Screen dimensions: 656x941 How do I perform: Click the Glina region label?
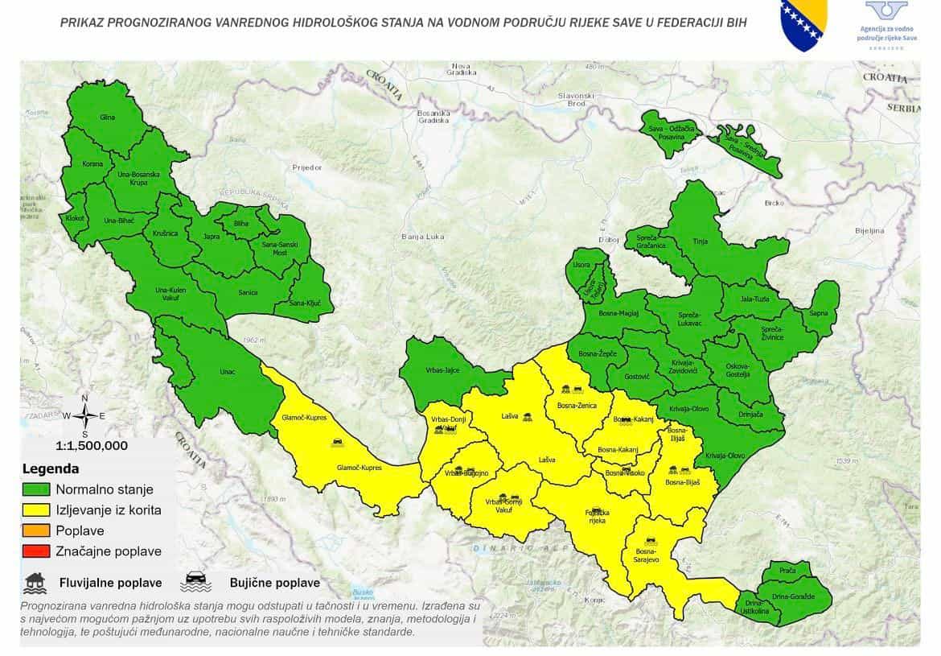107,118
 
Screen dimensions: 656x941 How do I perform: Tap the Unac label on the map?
228,372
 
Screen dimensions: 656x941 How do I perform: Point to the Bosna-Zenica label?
577,405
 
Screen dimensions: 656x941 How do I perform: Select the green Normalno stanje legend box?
36,489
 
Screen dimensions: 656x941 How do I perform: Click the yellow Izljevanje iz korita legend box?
36,510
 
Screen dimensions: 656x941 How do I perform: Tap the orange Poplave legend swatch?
36,530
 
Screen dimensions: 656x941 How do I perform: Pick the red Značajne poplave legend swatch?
36,551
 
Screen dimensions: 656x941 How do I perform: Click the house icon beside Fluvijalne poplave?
35,581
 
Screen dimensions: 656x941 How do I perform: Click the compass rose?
84,415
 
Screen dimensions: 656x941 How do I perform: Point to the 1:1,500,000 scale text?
91,445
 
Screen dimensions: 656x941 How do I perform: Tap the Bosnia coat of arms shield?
803,24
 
